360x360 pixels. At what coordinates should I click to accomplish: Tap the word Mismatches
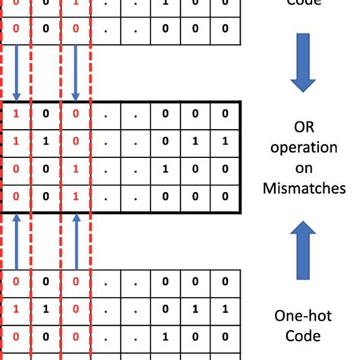tap(305, 188)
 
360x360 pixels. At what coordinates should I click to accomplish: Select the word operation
tap(305, 145)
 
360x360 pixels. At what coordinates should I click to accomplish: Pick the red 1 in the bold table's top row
tap(16, 114)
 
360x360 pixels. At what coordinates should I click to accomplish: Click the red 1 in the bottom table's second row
tap(16, 309)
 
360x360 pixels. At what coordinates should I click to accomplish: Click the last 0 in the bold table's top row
tap(224, 114)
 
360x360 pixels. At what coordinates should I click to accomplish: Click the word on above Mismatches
tap(304, 166)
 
